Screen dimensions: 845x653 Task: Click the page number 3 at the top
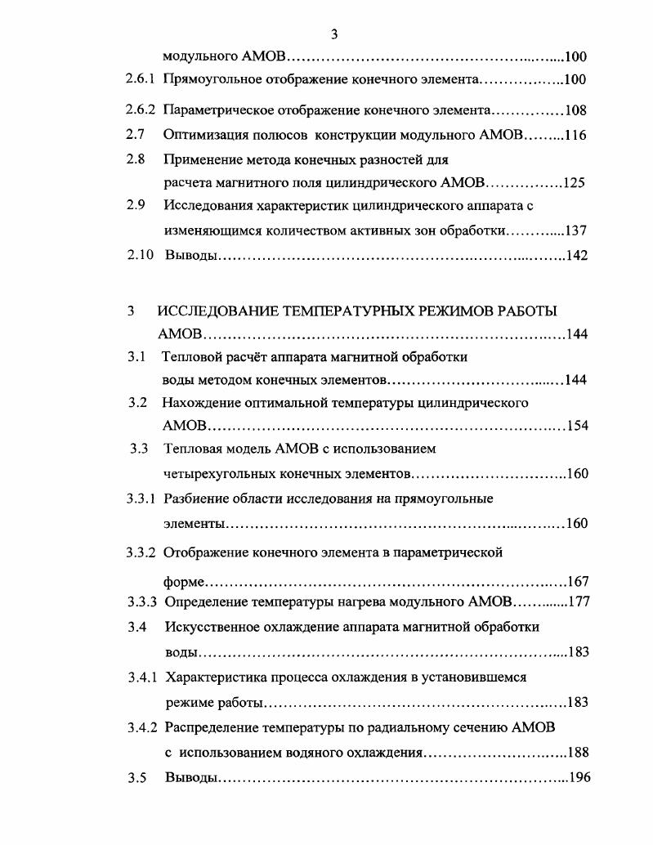(333, 34)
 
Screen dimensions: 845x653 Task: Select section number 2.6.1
(140, 80)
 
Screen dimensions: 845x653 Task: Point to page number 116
(575, 135)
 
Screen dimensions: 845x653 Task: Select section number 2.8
(135, 159)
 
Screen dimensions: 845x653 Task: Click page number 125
(574, 182)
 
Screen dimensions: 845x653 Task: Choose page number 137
(575, 230)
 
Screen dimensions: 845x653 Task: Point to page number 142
(576, 256)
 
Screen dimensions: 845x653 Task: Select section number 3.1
(136, 356)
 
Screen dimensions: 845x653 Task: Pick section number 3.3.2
(141, 552)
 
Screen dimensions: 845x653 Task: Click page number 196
(578, 777)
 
